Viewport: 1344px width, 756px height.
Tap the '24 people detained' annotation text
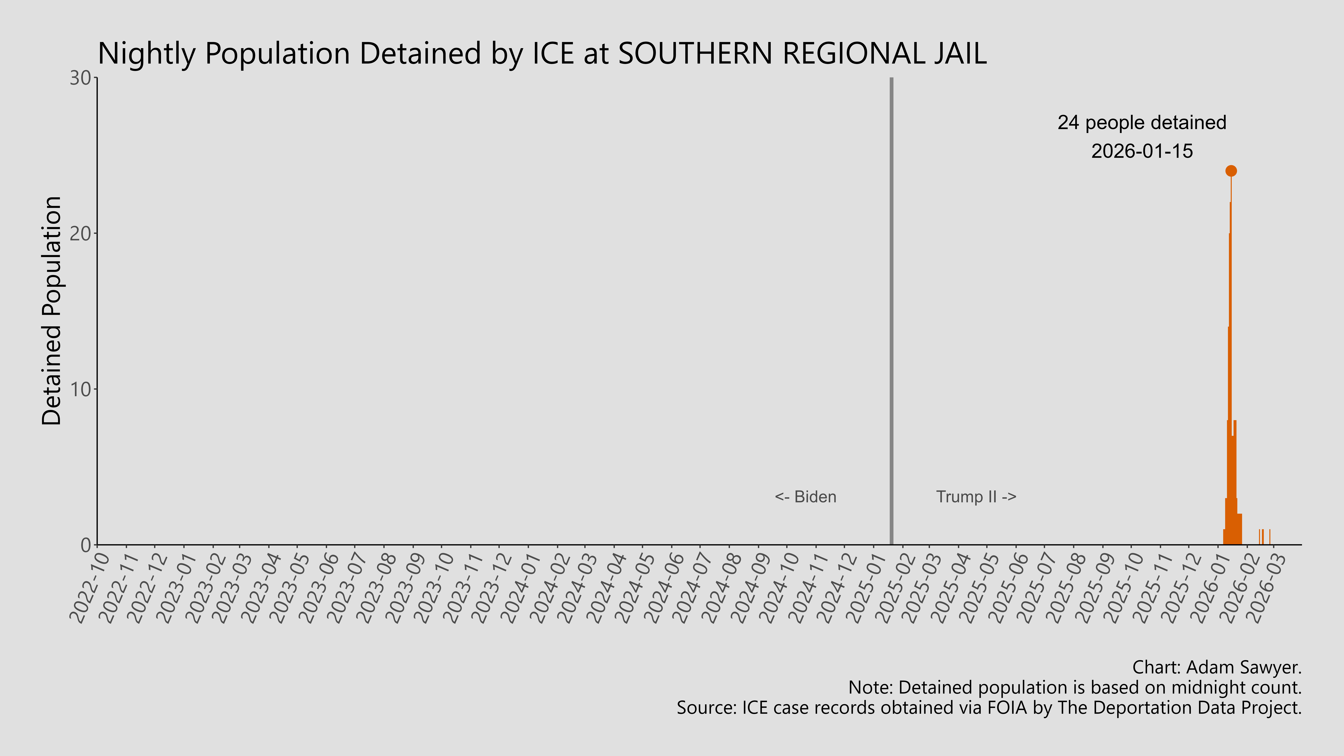tap(1142, 123)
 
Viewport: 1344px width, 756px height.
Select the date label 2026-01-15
tap(1142, 151)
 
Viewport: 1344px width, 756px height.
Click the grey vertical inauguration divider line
tap(891, 313)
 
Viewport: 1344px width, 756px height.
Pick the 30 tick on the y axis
tap(81, 78)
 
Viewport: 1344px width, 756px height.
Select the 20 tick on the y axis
tap(81, 234)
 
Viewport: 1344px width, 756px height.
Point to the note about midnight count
tap(1075, 688)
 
